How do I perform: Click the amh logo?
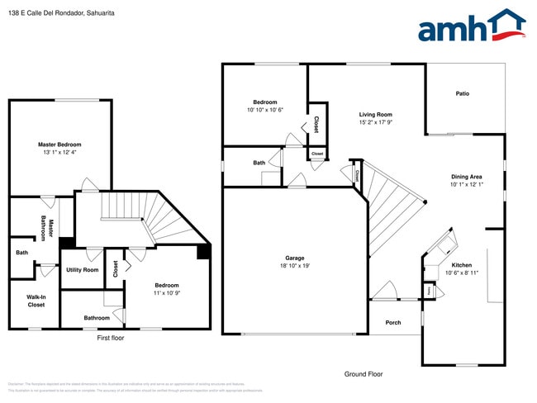pos(472,26)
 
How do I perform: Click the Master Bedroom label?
pos(59,145)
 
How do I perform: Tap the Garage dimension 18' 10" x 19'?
pos(294,266)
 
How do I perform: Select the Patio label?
pos(463,93)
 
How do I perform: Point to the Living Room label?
pos(375,115)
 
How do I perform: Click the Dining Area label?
pos(466,176)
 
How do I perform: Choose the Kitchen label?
pos(462,265)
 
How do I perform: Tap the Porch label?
pos(393,322)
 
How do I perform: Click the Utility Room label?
pos(83,270)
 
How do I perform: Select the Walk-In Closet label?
pos(36,301)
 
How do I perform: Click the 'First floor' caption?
pos(110,337)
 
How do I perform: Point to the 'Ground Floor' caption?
pos(364,374)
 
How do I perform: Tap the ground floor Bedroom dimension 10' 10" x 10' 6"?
pos(265,110)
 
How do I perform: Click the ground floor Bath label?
pos(259,163)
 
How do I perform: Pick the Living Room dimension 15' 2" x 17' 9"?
pos(375,122)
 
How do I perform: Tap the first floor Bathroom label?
pos(97,318)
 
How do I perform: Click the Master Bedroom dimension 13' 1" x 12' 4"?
pos(59,152)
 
